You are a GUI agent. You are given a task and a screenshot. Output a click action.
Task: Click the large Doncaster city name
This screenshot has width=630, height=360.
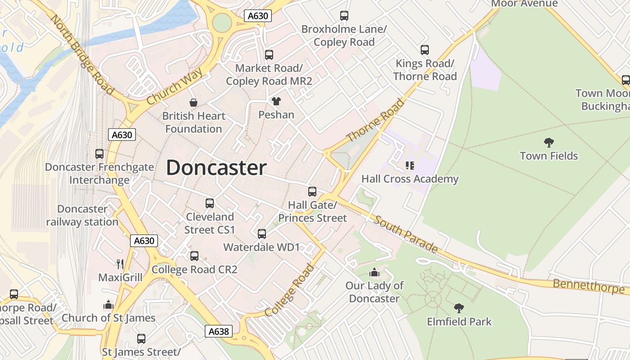coord(216,168)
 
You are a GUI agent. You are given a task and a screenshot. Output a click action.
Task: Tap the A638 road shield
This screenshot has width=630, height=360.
coord(219,332)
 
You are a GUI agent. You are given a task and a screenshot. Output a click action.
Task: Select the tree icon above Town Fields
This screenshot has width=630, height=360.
coord(549,143)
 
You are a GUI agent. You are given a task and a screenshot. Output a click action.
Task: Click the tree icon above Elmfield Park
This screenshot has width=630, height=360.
coord(459,308)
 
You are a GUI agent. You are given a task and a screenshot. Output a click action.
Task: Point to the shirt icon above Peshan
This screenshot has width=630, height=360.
coord(276,101)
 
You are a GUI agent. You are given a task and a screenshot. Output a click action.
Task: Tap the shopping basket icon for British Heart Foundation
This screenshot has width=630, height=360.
coord(193,103)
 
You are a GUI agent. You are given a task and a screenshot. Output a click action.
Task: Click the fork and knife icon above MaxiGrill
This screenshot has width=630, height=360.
coord(120,264)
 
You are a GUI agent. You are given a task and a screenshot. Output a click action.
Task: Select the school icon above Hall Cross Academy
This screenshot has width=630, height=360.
coord(409,166)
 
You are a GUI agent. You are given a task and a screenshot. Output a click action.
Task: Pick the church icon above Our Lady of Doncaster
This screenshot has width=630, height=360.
coord(374,272)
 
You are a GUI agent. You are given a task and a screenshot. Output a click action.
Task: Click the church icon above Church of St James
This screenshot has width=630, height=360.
coord(108,305)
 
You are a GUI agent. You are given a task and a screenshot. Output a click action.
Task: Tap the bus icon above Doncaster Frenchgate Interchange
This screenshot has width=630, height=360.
coord(99,154)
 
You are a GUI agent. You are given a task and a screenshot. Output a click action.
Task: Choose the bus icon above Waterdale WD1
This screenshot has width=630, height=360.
coord(262,234)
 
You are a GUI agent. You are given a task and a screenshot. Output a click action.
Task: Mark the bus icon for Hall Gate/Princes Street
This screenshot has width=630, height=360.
coord(312,192)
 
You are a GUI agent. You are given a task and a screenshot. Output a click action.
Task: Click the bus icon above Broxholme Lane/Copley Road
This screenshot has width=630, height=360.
coord(344,16)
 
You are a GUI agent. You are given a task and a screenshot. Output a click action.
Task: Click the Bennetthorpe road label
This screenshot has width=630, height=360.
coord(589,286)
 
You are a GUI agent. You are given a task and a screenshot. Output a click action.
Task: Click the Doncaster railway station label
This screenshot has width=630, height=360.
coord(82,216)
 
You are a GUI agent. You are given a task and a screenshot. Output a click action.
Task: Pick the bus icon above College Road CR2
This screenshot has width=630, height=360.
coord(194,256)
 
